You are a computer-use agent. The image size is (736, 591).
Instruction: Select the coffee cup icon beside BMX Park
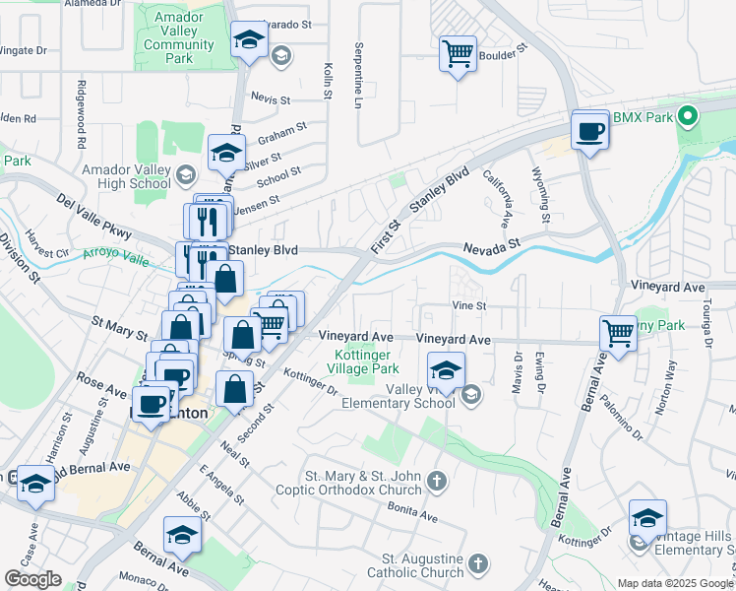(x=590, y=130)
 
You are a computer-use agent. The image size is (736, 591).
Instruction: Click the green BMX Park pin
(x=689, y=117)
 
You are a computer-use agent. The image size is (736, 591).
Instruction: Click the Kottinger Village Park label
(x=363, y=360)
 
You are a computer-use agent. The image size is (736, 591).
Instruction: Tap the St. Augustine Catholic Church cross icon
(x=477, y=564)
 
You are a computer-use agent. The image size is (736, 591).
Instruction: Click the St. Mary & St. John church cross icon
(x=437, y=482)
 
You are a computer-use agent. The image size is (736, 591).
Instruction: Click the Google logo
(x=32, y=579)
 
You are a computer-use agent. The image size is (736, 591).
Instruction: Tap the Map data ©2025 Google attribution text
(x=675, y=582)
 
